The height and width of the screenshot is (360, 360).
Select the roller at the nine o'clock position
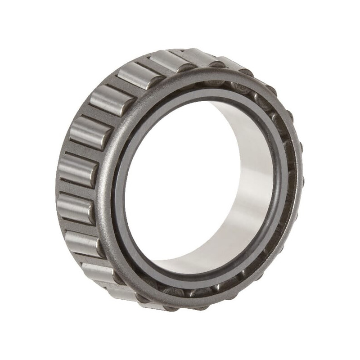coord(77,170)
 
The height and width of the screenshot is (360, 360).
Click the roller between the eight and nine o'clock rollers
coord(75,208)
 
